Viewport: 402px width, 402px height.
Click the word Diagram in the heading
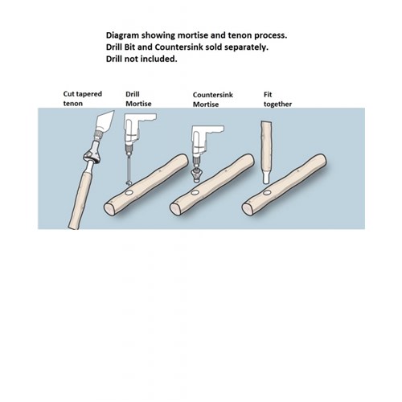coord(122,35)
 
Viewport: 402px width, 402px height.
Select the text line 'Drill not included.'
coord(142,59)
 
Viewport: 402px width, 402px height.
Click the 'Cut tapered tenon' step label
coord(83,99)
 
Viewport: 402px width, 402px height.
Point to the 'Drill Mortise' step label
coord(138,99)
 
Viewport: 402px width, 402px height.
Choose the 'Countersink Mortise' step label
coord(213,100)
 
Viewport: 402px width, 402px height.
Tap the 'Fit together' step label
coord(277,99)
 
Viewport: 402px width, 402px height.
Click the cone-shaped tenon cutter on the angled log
coord(92,155)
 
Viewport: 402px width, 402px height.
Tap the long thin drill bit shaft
coord(129,169)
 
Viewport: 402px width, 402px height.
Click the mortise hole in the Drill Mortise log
coord(129,193)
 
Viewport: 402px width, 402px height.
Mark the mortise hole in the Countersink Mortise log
coord(195,193)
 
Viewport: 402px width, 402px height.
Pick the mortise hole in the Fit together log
coord(267,193)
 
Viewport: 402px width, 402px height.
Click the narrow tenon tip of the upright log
coord(266,177)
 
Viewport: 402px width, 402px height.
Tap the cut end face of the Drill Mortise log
coord(109,209)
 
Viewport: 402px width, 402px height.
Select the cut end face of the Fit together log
coord(247,209)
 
